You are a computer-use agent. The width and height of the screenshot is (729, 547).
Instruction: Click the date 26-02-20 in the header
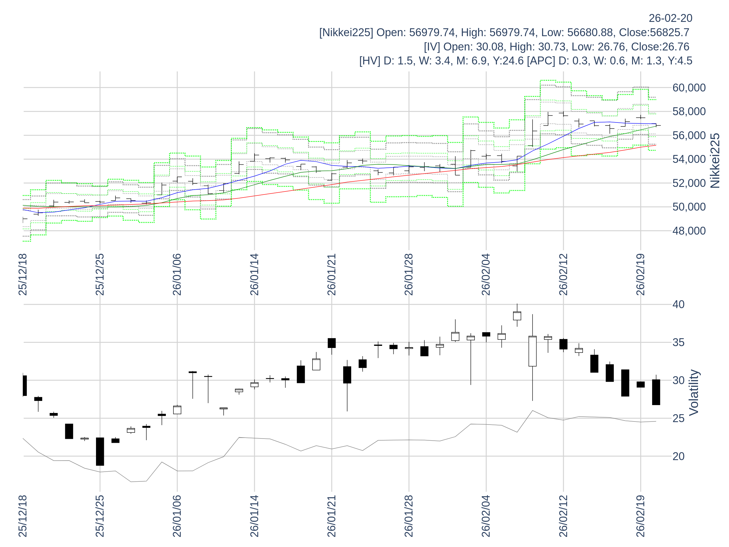point(670,18)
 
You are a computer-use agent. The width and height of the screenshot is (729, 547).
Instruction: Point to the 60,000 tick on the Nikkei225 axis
point(689,88)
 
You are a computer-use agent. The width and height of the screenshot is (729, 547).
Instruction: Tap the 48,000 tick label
point(689,231)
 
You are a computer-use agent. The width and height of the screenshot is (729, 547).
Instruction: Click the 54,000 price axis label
point(689,159)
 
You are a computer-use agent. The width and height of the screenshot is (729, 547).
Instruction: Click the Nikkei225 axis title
point(714,160)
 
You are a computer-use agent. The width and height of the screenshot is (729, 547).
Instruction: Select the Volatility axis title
point(694,393)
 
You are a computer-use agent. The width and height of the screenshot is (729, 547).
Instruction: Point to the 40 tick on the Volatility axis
point(678,304)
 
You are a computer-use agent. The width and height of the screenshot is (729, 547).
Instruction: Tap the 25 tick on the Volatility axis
point(678,418)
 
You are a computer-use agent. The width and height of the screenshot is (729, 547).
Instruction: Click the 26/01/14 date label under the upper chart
point(255,275)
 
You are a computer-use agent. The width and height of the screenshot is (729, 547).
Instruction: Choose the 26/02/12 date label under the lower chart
point(563,516)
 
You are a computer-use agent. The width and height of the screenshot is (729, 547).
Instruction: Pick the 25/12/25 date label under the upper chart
point(100,275)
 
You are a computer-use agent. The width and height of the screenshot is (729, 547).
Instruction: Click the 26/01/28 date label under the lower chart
point(409,516)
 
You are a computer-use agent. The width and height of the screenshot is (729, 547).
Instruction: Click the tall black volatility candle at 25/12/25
point(100,451)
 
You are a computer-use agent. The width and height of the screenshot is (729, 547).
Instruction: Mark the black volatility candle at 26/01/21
point(332,343)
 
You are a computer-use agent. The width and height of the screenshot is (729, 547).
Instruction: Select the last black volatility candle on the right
point(656,392)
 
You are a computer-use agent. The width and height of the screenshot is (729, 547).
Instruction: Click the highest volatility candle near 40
point(517,316)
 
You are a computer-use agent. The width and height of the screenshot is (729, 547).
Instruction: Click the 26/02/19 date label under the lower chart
point(640,516)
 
